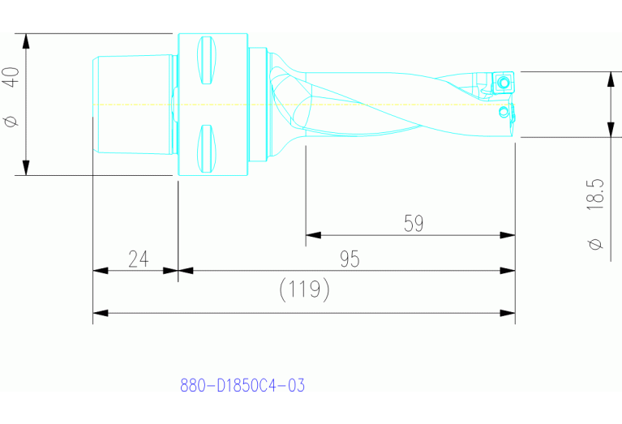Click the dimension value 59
[x=414, y=223]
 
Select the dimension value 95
[x=350, y=259]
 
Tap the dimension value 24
[x=139, y=259]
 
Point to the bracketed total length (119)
[x=304, y=289]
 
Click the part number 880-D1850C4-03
[x=242, y=385]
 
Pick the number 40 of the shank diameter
[x=11, y=77]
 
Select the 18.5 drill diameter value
[x=595, y=195]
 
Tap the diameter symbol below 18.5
[x=595, y=243]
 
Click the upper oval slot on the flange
[x=206, y=60]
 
